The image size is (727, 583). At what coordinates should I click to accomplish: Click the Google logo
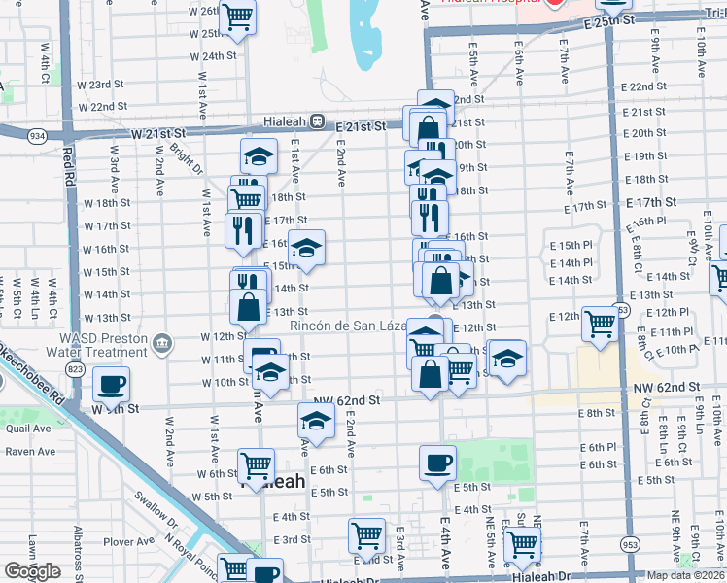[32, 571]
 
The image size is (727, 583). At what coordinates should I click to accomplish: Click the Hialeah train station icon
[316, 122]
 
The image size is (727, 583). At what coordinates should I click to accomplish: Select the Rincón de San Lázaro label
[351, 327]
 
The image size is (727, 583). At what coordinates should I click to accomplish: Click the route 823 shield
[75, 368]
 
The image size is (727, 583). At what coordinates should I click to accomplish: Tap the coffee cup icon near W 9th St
[112, 384]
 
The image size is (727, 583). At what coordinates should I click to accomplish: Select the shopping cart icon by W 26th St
[237, 17]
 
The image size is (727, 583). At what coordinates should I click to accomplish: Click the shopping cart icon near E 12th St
[601, 324]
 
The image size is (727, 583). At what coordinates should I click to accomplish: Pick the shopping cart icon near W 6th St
[257, 464]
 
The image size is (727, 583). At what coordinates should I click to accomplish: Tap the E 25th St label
[610, 19]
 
